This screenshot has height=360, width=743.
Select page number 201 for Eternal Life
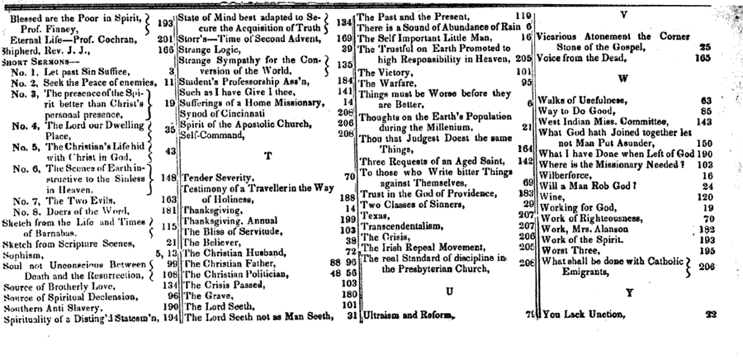(x=163, y=38)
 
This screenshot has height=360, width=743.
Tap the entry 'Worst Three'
(x=566, y=249)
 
